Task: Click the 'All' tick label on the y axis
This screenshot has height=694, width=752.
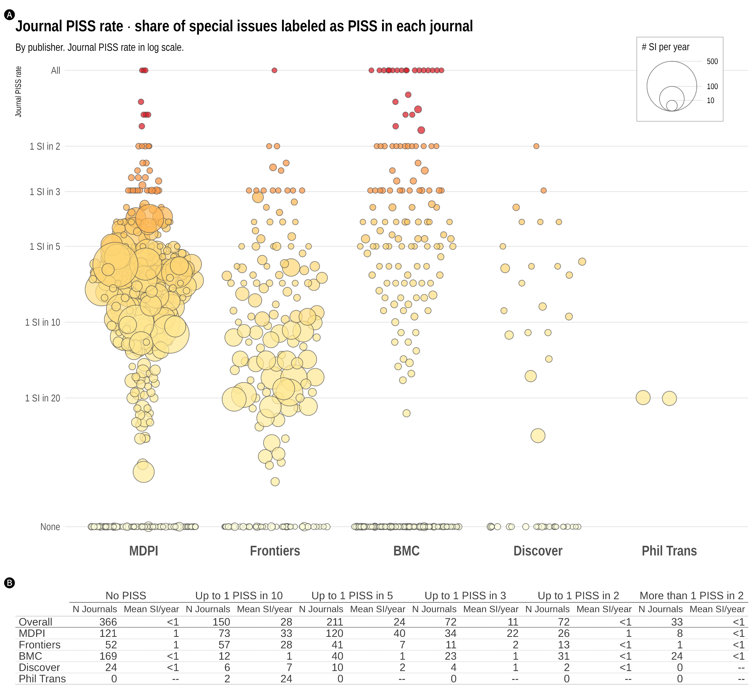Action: coord(56,71)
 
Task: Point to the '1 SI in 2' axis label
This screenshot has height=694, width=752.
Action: coord(45,146)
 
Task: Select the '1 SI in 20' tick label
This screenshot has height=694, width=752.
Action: coord(42,398)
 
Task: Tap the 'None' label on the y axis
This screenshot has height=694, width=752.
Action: coord(50,527)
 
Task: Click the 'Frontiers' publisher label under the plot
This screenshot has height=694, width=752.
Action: coord(275,551)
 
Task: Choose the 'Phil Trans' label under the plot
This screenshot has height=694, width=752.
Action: coord(669,551)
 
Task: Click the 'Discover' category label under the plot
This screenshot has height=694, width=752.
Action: coord(538,551)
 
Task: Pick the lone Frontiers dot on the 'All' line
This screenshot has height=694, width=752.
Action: coord(274,70)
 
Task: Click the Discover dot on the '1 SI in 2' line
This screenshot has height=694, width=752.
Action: coord(536,146)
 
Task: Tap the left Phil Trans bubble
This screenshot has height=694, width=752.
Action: coord(643,398)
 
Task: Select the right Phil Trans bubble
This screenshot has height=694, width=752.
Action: coord(669,398)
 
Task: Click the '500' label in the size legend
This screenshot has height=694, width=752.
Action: coord(712,61)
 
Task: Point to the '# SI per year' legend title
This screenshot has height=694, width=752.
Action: coord(666,47)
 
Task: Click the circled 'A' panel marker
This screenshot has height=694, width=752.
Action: coord(9,15)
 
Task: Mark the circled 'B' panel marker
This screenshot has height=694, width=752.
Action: coord(9,583)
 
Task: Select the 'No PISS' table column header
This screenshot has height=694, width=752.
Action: coord(126,595)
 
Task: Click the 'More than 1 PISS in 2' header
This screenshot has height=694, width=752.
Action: coord(691,595)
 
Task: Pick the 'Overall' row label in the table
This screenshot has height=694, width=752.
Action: coord(35,622)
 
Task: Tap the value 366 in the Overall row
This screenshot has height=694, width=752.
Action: coord(108,622)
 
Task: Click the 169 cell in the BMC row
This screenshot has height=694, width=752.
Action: coord(108,656)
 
